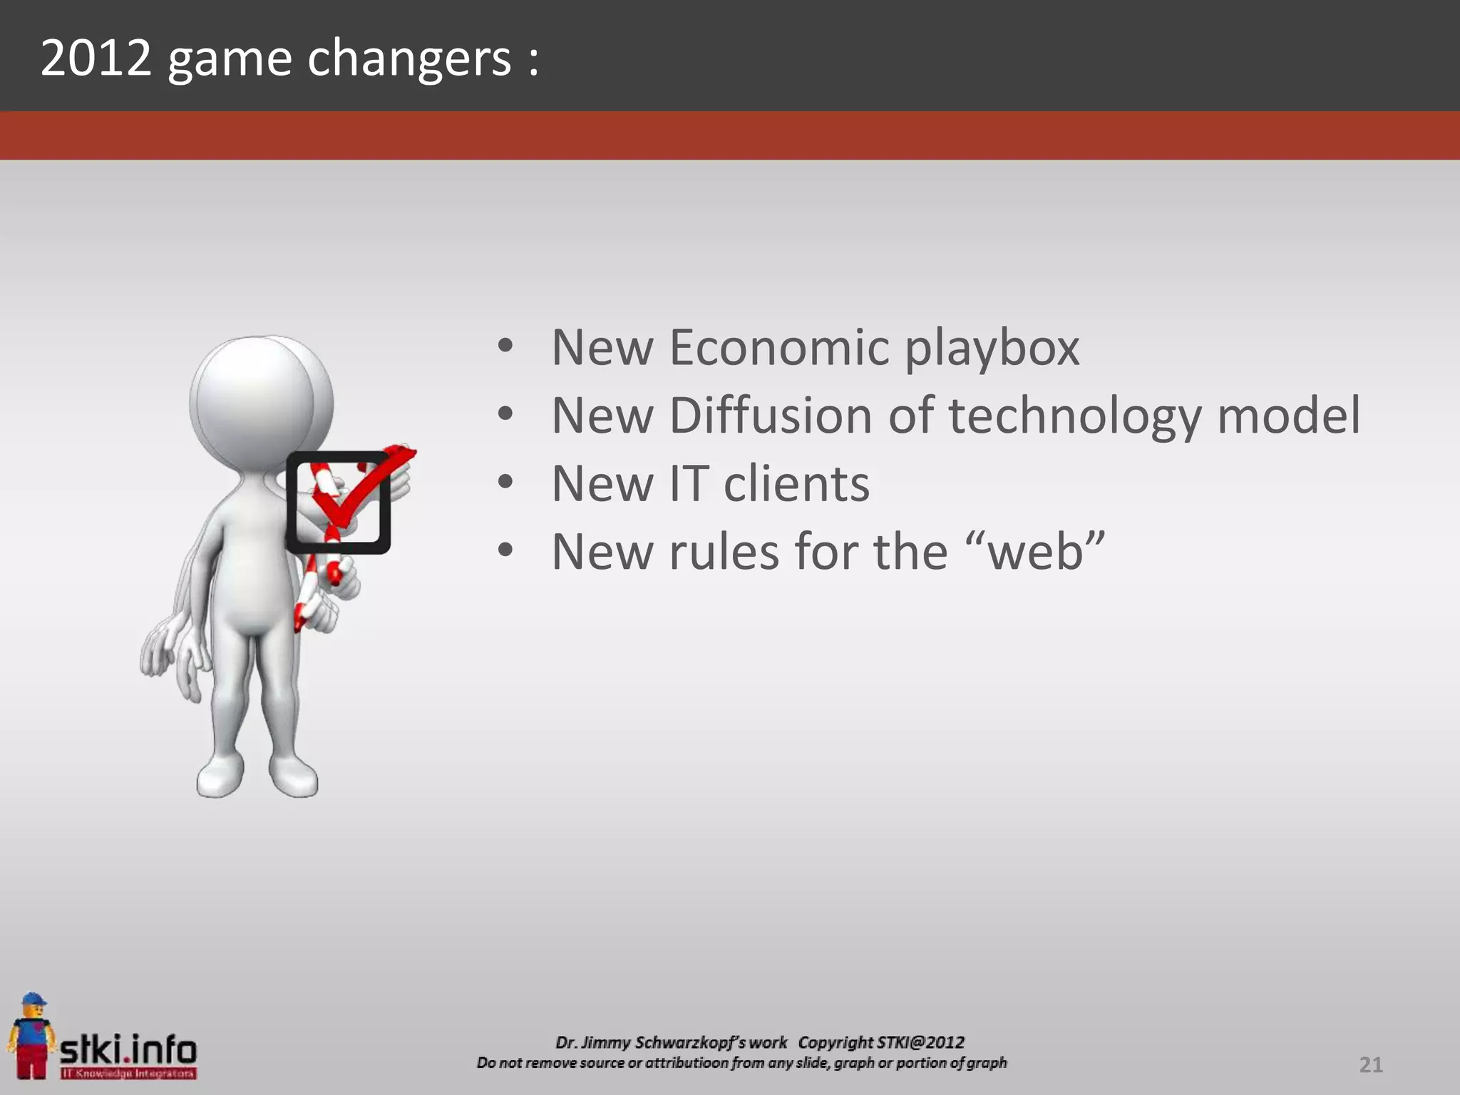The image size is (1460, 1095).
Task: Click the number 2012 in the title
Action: click(x=96, y=58)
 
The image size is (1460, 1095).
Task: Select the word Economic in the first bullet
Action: click(x=780, y=348)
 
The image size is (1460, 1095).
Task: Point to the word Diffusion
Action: click(x=770, y=416)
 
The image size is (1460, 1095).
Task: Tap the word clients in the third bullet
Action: click(x=796, y=484)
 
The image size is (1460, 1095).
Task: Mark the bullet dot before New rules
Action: click(x=505, y=551)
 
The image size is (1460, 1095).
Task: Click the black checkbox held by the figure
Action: click(x=338, y=503)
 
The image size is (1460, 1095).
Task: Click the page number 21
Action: click(x=1370, y=1065)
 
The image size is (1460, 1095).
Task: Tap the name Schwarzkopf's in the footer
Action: click(x=710, y=1043)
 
